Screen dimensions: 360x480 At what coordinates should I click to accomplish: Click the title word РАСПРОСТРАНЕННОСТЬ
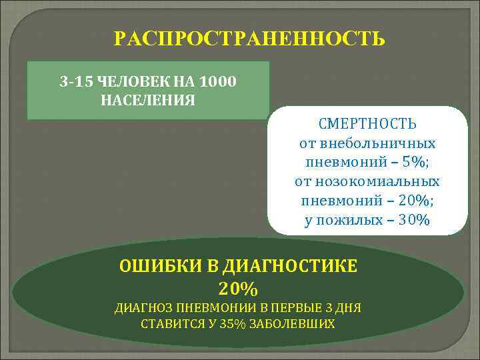pos(249,39)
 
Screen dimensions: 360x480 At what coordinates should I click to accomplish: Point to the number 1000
pos(217,82)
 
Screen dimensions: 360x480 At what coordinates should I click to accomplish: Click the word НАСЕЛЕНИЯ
pos(148,101)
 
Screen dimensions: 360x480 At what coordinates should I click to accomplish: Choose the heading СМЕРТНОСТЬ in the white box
pos(367,125)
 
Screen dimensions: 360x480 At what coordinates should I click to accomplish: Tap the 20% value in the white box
pos(411,201)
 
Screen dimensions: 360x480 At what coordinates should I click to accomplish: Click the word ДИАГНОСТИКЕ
pos(291,266)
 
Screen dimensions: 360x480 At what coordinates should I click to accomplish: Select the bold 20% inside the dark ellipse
pos(237,289)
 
